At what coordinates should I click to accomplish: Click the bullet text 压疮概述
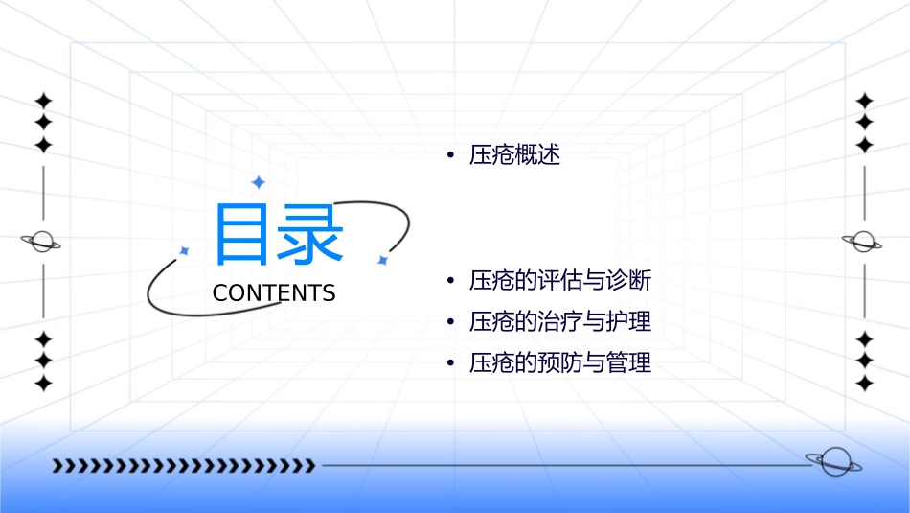(x=514, y=155)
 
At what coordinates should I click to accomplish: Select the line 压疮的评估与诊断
(x=560, y=281)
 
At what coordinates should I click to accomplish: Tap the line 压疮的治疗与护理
(x=560, y=321)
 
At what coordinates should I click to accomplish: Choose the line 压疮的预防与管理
(x=560, y=363)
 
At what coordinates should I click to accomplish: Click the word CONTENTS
(x=274, y=293)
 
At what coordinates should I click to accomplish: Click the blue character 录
(x=310, y=234)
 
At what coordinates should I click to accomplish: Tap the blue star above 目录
(x=258, y=182)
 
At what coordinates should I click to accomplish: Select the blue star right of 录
(x=382, y=260)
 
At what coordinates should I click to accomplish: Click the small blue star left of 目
(x=185, y=250)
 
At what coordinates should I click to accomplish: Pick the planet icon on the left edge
(x=41, y=242)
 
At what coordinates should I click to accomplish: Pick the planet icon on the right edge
(x=862, y=242)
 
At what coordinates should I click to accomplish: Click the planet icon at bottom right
(x=833, y=462)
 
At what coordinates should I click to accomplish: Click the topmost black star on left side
(x=42, y=101)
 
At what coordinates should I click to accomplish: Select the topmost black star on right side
(x=864, y=101)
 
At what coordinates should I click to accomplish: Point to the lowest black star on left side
(x=42, y=383)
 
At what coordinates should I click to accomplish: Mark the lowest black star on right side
(x=864, y=383)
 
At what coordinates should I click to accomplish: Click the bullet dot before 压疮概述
(x=449, y=155)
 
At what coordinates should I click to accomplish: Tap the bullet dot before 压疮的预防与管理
(x=449, y=363)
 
